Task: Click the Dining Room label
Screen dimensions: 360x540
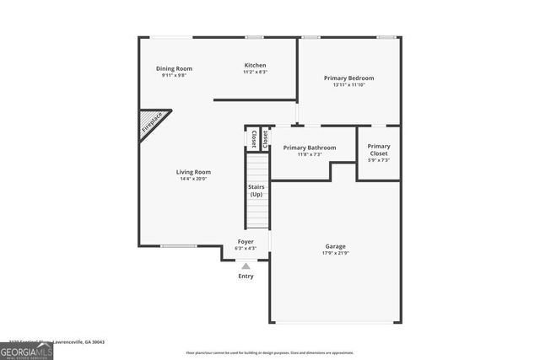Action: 174,68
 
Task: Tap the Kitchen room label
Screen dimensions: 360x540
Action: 255,65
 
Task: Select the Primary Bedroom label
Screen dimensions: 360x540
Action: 348,78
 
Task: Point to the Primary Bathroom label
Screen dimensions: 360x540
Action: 309,148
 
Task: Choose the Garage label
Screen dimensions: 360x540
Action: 335,246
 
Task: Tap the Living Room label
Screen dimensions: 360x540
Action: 192,172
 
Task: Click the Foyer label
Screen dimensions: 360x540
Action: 246,241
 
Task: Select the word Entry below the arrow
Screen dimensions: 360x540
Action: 246,276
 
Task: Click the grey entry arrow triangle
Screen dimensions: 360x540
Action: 246,266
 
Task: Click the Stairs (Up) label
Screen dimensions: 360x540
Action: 256,191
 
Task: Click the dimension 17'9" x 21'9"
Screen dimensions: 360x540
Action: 335,253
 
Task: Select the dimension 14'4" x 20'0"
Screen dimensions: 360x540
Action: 192,179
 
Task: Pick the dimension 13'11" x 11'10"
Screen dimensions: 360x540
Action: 348,84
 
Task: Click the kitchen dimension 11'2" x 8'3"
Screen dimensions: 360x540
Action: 255,72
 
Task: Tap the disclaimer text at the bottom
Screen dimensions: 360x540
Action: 269,352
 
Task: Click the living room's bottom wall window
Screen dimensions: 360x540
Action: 179,246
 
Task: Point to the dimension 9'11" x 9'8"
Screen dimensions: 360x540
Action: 174,75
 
